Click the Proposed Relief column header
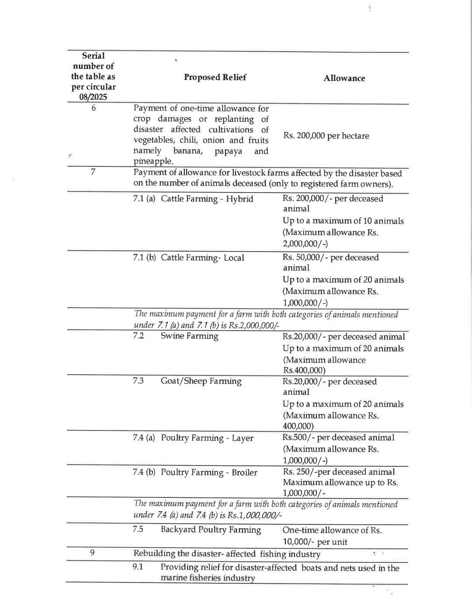click(x=215, y=77)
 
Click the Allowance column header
click(x=344, y=79)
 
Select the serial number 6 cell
click(x=94, y=108)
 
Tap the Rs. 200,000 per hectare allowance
click(x=326, y=136)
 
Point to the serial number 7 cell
click(x=93, y=172)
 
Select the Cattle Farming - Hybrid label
click(x=207, y=199)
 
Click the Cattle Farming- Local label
click(x=202, y=258)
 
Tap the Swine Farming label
click(x=189, y=336)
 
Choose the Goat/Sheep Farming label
click(x=201, y=381)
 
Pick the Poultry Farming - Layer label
click(x=207, y=438)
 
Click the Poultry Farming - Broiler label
click(x=209, y=472)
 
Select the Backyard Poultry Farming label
click(x=211, y=530)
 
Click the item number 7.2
click(x=138, y=336)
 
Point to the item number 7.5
click(x=138, y=529)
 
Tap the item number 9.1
click(x=138, y=567)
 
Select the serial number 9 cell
click(x=93, y=553)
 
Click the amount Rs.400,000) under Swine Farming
click(x=304, y=371)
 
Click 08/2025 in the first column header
click(x=93, y=97)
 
